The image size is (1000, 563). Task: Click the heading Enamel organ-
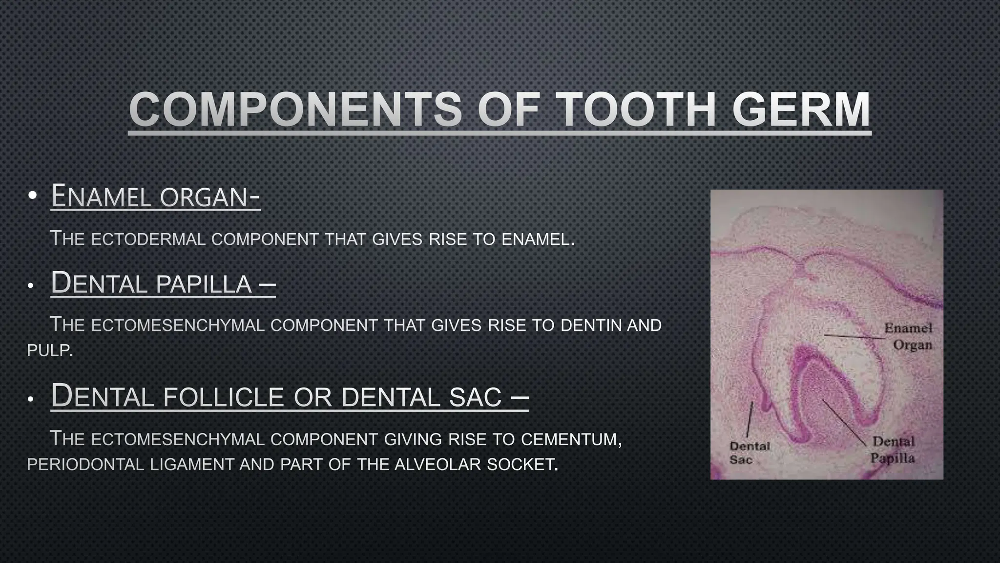pos(155,196)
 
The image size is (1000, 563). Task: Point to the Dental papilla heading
pos(163,283)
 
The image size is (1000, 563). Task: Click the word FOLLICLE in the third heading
pos(223,396)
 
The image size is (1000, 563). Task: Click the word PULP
pos(49,350)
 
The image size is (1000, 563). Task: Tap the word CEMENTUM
pos(570,439)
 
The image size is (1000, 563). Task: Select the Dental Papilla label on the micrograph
pos(893,450)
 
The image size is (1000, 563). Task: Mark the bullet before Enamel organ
pos(32,196)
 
